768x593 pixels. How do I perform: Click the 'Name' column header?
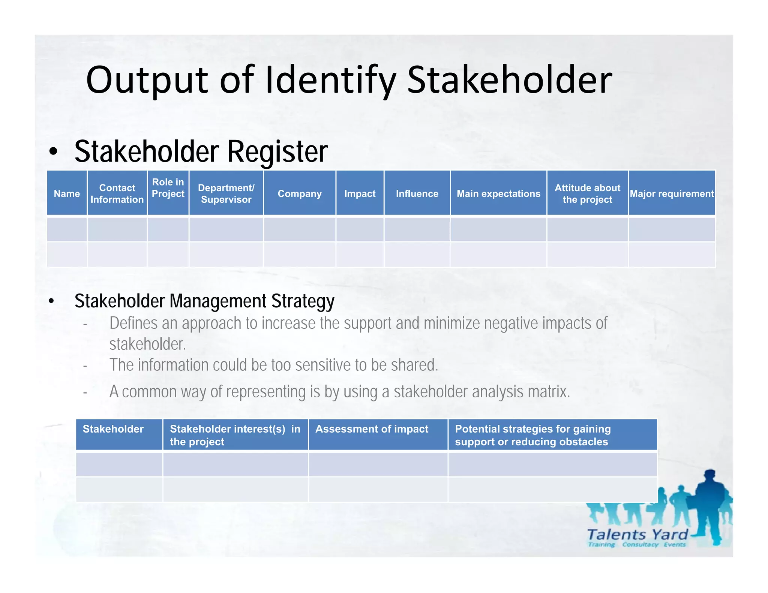[x=67, y=193]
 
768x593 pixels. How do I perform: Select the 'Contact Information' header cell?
[x=117, y=193]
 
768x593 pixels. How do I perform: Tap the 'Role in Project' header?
[x=168, y=188]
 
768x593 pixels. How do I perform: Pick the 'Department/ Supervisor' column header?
[x=226, y=193]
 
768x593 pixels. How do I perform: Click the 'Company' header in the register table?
[x=300, y=193]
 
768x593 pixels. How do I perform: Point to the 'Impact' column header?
[x=360, y=193]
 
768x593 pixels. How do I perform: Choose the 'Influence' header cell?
[x=417, y=193]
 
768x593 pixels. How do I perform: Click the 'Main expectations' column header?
[x=498, y=193]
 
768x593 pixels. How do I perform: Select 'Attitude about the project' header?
[x=587, y=193]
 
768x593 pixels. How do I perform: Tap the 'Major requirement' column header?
[x=672, y=193]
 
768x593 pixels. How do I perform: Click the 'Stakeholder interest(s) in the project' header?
[x=235, y=435]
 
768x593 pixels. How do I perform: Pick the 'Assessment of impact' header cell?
[x=372, y=429]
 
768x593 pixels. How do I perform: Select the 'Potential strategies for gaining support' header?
[x=532, y=435]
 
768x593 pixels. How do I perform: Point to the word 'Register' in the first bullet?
[x=277, y=151]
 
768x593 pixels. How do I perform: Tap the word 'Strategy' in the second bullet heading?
[x=303, y=301]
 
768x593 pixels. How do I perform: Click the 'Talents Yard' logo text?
[x=637, y=534]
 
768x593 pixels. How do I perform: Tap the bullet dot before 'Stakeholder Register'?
[x=53, y=152]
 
